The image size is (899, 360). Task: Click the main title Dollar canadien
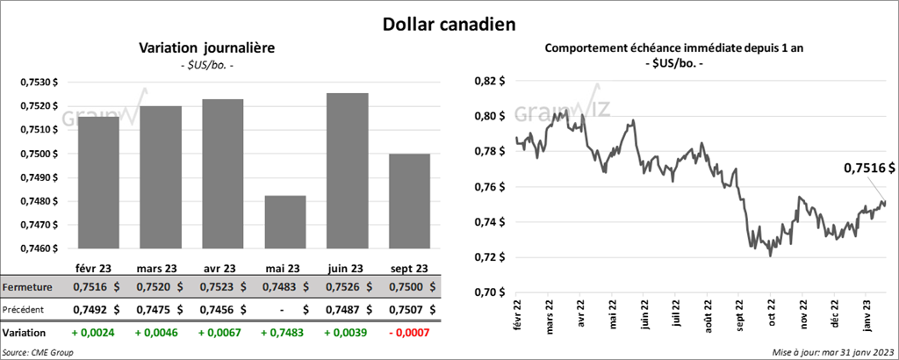(449, 23)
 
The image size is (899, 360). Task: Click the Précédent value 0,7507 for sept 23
(401, 309)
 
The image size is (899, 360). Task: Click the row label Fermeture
(28, 287)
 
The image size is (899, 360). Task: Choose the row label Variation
(25, 334)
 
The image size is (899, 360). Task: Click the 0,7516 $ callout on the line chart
(869, 168)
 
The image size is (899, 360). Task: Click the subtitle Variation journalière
(202, 48)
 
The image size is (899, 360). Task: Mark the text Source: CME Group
(38, 351)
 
